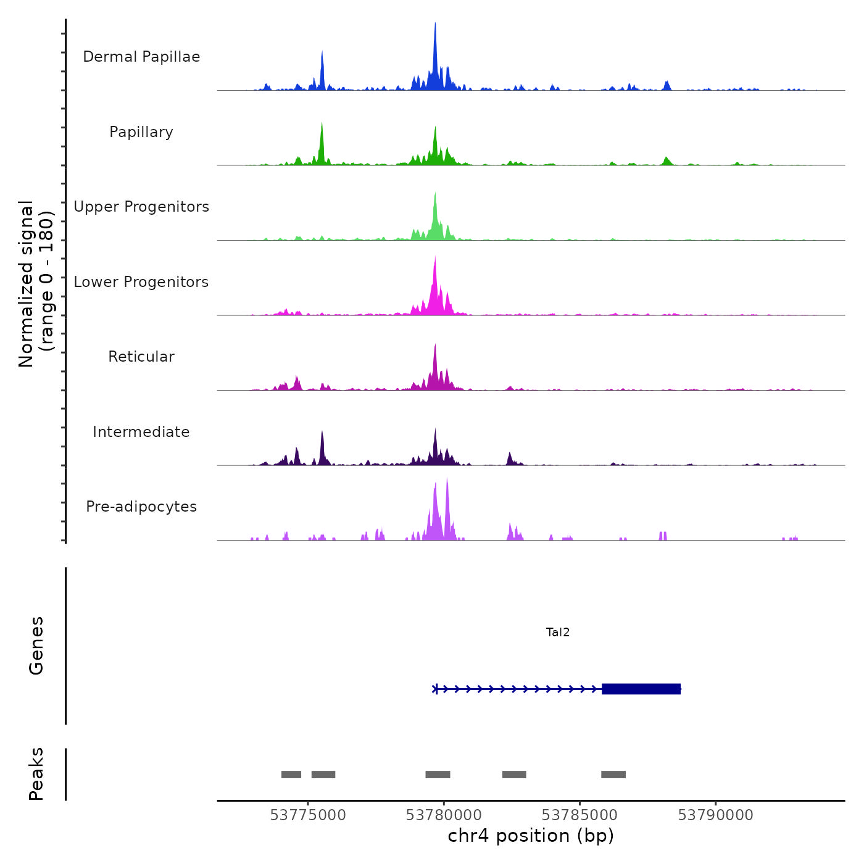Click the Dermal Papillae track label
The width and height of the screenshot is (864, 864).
click(x=141, y=57)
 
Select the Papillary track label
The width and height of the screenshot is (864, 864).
click(x=141, y=132)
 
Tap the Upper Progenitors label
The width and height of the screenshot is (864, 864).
click(x=141, y=207)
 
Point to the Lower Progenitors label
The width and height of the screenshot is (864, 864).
click(x=141, y=282)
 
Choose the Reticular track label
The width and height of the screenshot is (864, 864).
click(x=141, y=357)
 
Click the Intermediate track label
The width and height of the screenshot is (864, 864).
click(x=141, y=432)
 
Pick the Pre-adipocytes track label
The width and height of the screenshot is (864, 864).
click(x=141, y=507)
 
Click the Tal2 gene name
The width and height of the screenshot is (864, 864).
click(x=558, y=632)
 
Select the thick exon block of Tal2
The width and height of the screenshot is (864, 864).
click(x=641, y=689)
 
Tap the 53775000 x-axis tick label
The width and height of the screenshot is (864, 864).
click(x=308, y=815)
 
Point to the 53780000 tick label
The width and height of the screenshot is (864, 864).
click(x=444, y=815)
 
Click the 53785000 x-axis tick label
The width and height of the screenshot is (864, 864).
click(x=580, y=815)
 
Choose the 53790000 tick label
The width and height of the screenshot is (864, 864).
click(x=716, y=815)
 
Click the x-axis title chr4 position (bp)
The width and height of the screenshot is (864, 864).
click(x=531, y=836)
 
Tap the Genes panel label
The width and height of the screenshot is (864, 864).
click(x=36, y=646)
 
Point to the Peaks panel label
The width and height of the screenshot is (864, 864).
click(x=36, y=774)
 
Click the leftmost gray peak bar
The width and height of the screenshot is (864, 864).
click(x=291, y=775)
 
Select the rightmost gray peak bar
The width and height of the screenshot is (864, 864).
click(x=613, y=775)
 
